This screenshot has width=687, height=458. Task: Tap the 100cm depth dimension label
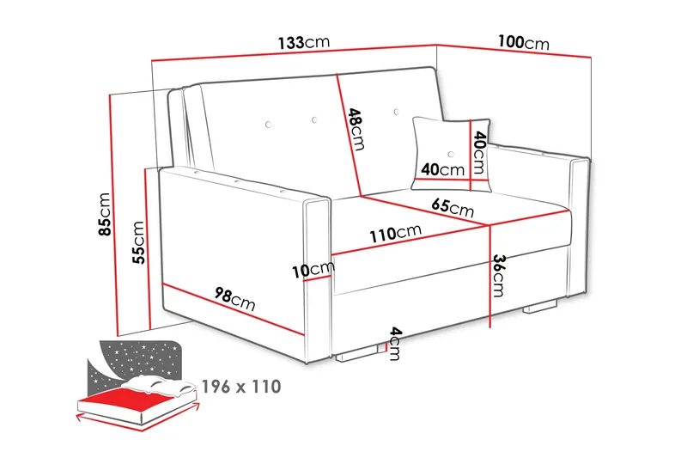[523, 41]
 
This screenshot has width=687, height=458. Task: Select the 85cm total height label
[106, 215]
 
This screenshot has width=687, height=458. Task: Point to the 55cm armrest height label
[137, 241]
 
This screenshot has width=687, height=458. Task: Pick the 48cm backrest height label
[356, 127]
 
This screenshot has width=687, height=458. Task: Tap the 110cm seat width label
[396, 233]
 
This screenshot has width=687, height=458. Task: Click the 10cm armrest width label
[312, 271]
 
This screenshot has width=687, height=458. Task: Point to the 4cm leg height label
[394, 343]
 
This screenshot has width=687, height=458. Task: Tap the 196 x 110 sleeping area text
[241, 387]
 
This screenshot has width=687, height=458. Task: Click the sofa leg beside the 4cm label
[356, 351]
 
